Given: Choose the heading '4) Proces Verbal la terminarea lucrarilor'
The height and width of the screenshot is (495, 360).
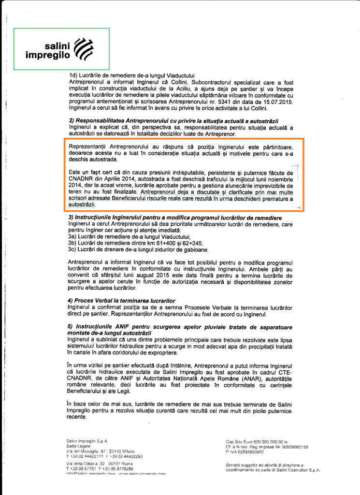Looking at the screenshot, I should click(x=121, y=301).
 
